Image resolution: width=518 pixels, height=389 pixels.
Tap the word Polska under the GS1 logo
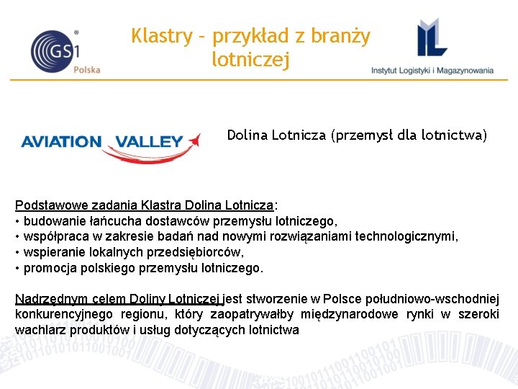click(87, 70)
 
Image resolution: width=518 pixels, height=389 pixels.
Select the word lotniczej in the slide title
click(251, 60)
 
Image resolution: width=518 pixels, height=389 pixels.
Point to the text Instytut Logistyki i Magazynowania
click(432, 71)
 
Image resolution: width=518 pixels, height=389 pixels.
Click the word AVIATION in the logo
click(61, 141)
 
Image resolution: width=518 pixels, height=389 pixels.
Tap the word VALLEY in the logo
click(150, 141)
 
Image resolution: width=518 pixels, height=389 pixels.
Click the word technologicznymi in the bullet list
click(410, 237)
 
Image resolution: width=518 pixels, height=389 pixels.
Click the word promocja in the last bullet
click(48, 269)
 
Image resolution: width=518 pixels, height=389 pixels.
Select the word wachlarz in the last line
click(37, 331)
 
